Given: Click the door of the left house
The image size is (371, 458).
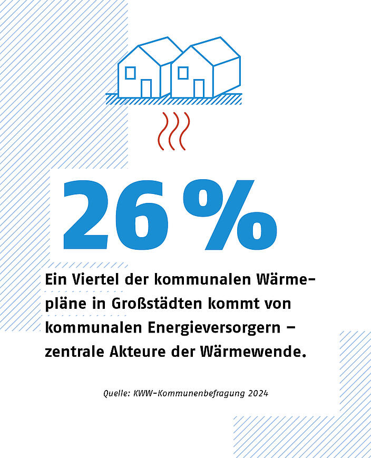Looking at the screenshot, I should click(x=146, y=88).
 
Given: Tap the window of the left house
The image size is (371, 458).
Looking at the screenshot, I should click(x=130, y=72).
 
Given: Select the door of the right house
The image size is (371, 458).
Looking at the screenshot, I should click(x=199, y=88).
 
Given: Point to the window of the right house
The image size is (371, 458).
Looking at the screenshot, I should click(x=183, y=72).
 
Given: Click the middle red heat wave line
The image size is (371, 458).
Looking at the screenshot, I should click(x=173, y=131).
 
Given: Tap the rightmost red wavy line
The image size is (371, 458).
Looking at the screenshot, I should click(x=184, y=131).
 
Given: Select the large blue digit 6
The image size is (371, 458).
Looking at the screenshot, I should click(x=145, y=216).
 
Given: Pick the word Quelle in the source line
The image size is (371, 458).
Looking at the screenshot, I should click(x=115, y=393).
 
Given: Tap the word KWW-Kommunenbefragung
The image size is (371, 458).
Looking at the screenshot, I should click(x=187, y=393).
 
